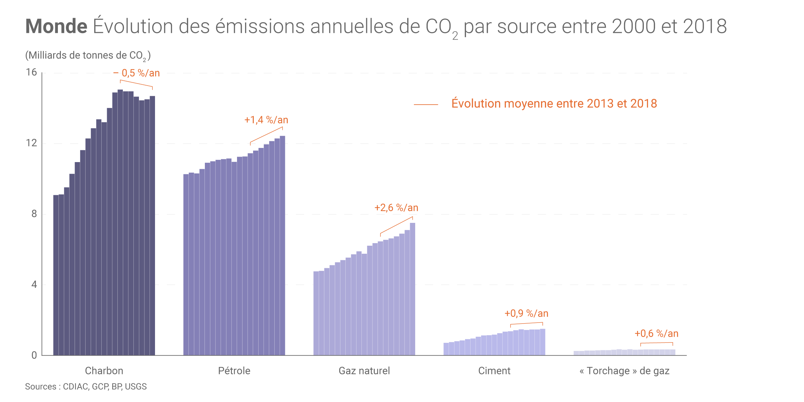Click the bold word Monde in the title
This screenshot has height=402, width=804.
tap(56, 26)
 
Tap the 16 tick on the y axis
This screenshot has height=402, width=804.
tap(32, 72)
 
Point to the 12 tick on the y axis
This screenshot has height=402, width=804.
tap(32, 143)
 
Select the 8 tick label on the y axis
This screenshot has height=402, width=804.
tap(34, 214)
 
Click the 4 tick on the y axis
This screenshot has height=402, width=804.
tap(34, 285)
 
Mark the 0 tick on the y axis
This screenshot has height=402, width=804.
tap(34, 355)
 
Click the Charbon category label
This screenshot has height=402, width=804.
tap(104, 371)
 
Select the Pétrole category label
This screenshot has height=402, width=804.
tap(234, 371)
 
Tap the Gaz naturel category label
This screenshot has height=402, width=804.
tap(364, 371)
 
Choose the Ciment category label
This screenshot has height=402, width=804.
tap(494, 371)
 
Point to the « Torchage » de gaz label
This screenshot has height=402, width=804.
tap(625, 371)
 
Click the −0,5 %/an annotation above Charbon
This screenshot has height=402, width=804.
tap(137, 73)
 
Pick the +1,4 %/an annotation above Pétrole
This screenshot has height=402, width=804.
tap(266, 120)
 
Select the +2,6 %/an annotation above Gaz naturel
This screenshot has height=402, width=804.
tap(396, 208)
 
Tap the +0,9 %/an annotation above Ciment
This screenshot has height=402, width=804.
tap(526, 313)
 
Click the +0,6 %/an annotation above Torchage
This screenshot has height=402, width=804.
tap(656, 333)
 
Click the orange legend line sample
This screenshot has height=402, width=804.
tap(426, 105)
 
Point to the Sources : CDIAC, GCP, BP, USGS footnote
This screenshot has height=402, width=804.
tap(86, 387)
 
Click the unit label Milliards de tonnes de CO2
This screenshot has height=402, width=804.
tap(88, 56)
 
